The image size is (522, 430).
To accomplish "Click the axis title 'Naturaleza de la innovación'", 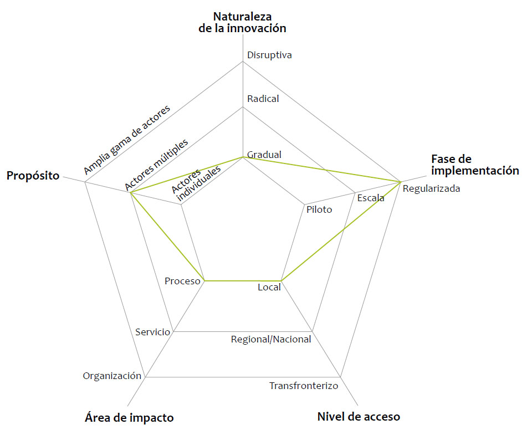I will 243,22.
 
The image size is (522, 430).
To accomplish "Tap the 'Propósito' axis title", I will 33,176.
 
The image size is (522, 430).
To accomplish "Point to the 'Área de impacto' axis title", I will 129,417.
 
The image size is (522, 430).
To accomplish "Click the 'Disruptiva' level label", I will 269,55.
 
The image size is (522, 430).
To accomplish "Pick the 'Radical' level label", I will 263,99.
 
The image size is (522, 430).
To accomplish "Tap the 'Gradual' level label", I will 264,155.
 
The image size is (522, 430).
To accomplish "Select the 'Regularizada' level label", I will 431,189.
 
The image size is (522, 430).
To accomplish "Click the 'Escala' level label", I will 371,198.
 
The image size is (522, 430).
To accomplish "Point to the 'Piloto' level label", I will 319,209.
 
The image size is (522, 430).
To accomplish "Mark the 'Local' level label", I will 269,287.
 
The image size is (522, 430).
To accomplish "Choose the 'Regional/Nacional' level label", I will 271,339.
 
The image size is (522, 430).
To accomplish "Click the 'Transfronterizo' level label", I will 304,386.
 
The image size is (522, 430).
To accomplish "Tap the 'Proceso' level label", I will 182,281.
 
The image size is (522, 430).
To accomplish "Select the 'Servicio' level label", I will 152,332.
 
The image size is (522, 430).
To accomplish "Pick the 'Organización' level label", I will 112,376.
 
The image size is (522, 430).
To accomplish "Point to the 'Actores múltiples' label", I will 156,163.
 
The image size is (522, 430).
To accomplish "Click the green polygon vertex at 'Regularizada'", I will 400,181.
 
